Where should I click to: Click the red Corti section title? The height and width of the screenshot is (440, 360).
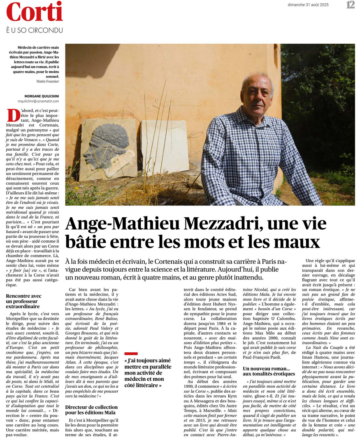34,12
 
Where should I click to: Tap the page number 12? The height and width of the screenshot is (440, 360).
350,5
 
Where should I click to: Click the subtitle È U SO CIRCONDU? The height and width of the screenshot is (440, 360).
34,30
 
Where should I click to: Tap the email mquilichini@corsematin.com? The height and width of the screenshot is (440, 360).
38,101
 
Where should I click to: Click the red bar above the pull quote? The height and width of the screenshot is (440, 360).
131,353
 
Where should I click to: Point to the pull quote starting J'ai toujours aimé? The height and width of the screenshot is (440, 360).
148,372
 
